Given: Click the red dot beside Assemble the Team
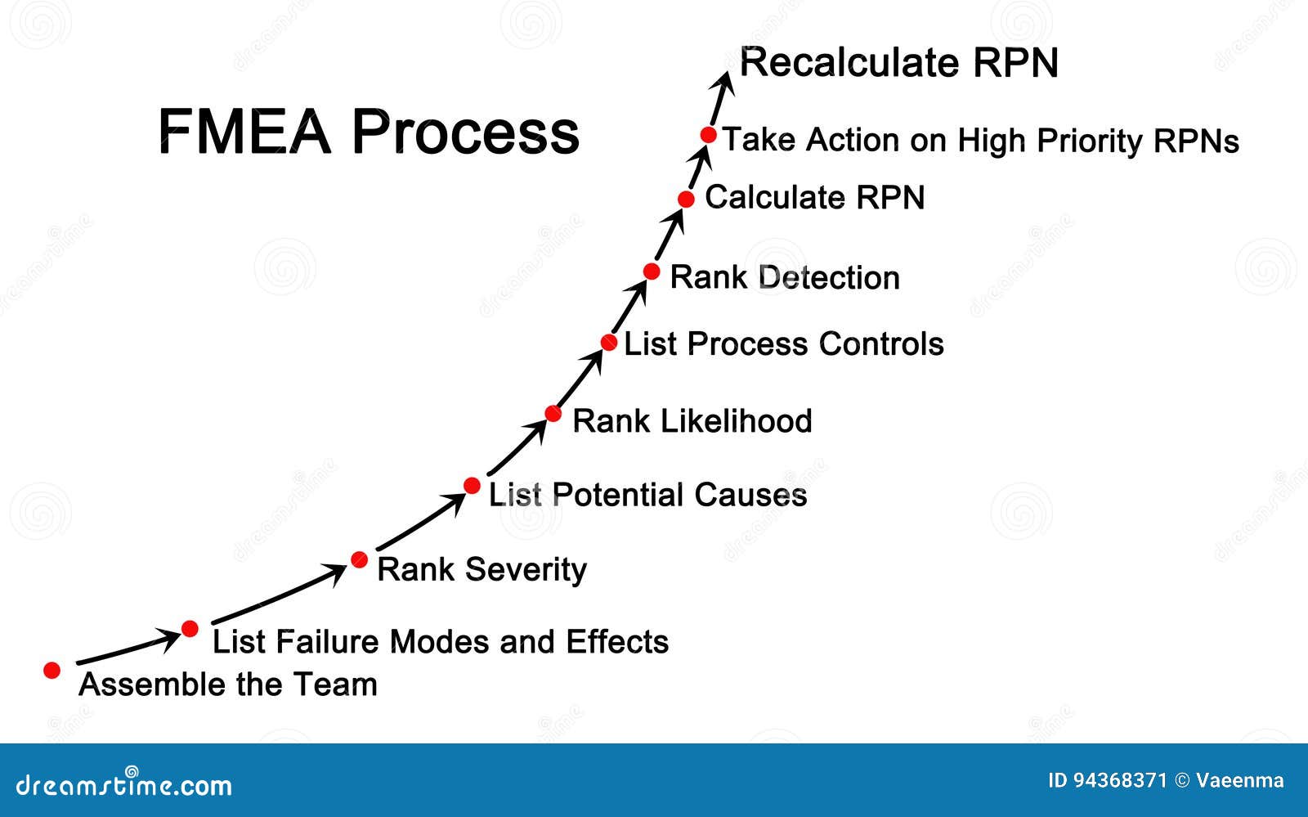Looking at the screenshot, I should pyautogui.click(x=52, y=671).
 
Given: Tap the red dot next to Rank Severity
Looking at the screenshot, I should pyautogui.click(x=359, y=560).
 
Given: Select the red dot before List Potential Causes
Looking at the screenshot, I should pyautogui.click(x=472, y=486).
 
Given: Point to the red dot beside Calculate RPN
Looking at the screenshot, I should pyautogui.click(x=687, y=199).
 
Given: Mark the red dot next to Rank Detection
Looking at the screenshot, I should pyautogui.click(x=652, y=272).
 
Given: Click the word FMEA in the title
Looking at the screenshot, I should pyautogui.click(x=244, y=132).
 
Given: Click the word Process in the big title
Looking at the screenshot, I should pyautogui.click(x=465, y=132).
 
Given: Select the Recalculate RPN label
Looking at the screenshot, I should pyautogui.click(x=898, y=63).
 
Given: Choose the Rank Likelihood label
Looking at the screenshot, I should pyautogui.click(x=692, y=421).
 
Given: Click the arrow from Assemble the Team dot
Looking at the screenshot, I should pyautogui.click(x=128, y=649).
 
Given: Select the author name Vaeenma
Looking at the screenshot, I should pyautogui.click(x=1239, y=780).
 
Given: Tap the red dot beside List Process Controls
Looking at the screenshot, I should pyautogui.click(x=609, y=343).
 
